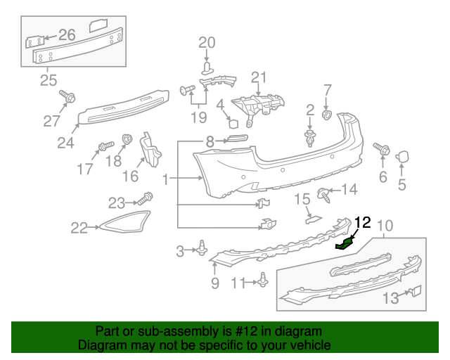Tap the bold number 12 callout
click(362, 224)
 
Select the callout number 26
click(66, 34)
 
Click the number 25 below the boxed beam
click(48, 80)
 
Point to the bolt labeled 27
click(66, 96)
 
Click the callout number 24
click(65, 143)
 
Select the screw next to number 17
click(103, 147)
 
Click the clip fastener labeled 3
click(203, 247)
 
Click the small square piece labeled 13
click(416, 290)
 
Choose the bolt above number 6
click(384, 148)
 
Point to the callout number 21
click(259, 77)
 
